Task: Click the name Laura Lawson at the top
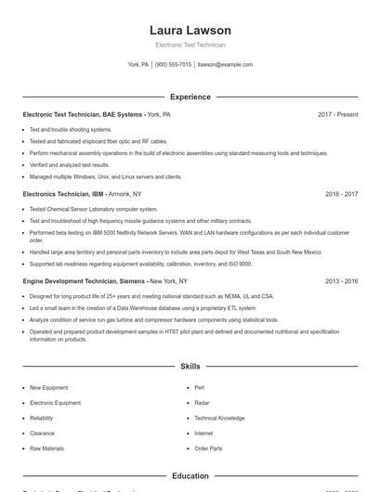pos(190,30)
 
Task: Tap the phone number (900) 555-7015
pos(173,65)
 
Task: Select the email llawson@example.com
pos(225,65)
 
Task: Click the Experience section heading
pos(190,97)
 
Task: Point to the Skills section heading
pos(190,367)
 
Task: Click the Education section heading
pos(190,476)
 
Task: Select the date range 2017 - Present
pos(337,114)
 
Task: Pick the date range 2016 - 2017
pos(341,195)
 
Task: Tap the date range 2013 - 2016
pos(341,280)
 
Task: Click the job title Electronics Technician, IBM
pos(63,195)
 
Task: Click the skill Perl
pos(199,388)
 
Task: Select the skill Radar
pos(202,403)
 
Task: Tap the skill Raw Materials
pos(46,448)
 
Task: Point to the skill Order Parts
pos(208,448)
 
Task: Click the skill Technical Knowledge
pos(219,418)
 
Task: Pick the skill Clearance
pos(42,434)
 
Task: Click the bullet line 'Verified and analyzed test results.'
pos(69,164)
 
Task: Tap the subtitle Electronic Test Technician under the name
pos(190,45)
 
